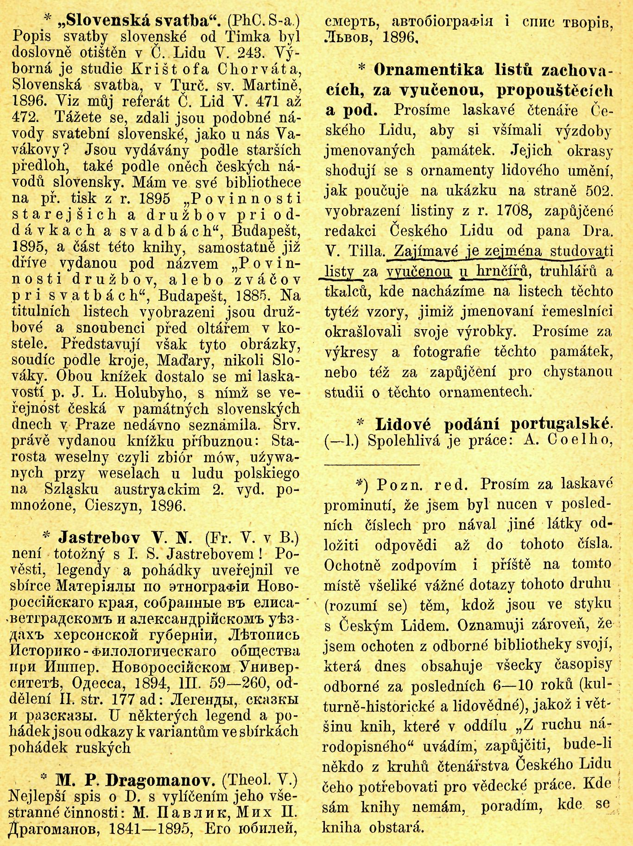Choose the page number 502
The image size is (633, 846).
coord(598,191)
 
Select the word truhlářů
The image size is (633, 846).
coord(567,271)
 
